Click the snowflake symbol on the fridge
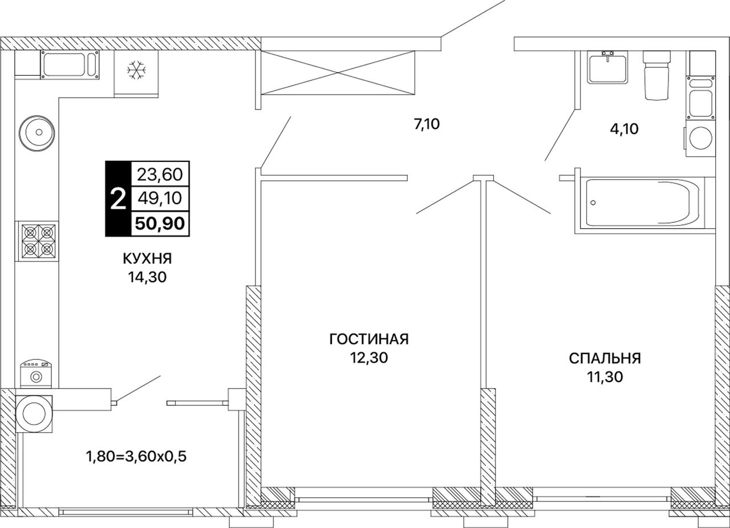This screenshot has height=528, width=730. [136, 70]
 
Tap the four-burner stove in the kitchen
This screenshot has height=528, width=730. [39, 242]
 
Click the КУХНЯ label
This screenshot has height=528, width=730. [147, 259]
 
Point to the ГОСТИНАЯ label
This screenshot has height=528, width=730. [369, 339]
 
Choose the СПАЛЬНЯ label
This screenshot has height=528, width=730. [605, 359]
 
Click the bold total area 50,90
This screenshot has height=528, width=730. [160, 224]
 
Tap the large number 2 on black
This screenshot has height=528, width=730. [118, 199]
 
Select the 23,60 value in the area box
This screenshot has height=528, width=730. [160, 174]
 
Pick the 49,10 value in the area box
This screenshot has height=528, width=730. [160, 198]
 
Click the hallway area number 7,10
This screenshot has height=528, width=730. [427, 124]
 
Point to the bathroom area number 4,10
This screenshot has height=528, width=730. [624, 129]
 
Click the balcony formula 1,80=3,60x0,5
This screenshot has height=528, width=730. [136, 457]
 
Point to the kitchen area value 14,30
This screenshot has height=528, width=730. [147, 277]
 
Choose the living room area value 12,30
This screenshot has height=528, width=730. [369, 358]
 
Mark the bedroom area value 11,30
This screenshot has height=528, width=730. [605, 377]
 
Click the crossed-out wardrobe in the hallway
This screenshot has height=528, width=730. [338, 72]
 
